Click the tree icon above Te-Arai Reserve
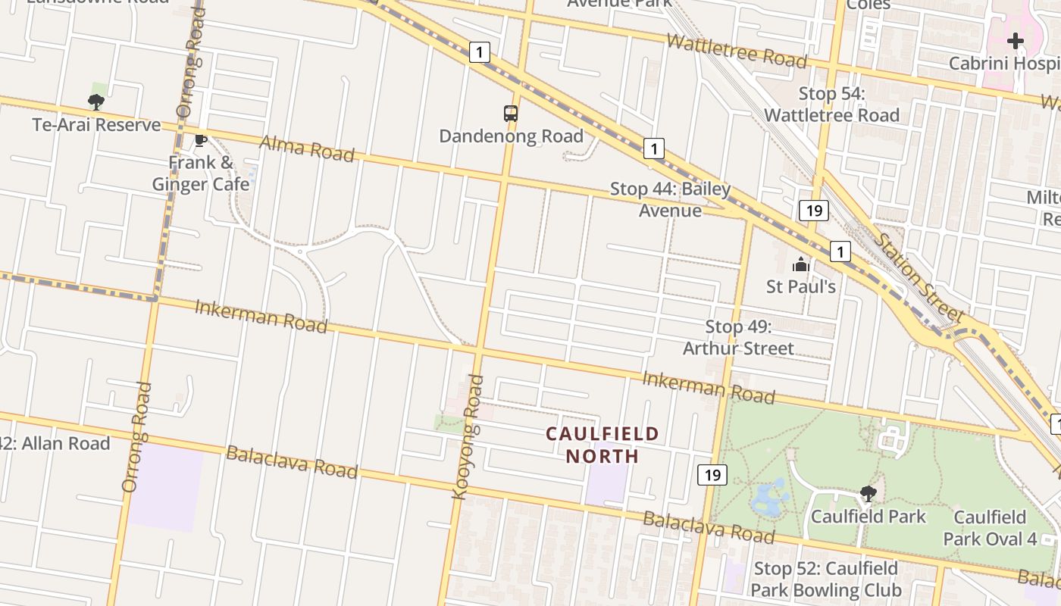click(95, 102)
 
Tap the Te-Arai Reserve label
click(96, 125)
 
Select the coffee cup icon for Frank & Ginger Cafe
click(201, 140)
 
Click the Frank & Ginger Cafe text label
click(201, 173)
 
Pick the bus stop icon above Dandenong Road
click(511, 114)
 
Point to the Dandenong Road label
click(511, 136)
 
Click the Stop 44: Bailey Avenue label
click(670, 199)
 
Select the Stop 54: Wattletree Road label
click(831, 105)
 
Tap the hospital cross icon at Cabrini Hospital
click(1016, 40)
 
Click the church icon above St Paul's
click(801, 264)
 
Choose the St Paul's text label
click(801, 286)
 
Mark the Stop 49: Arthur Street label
click(738, 337)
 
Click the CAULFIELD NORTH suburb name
click(602, 445)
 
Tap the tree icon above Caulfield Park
click(869, 495)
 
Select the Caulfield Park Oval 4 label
click(990, 528)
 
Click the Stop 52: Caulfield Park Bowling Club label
click(826, 579)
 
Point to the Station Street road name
click(921, 277)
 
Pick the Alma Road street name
click(307, 148)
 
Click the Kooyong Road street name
click(468, 437)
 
